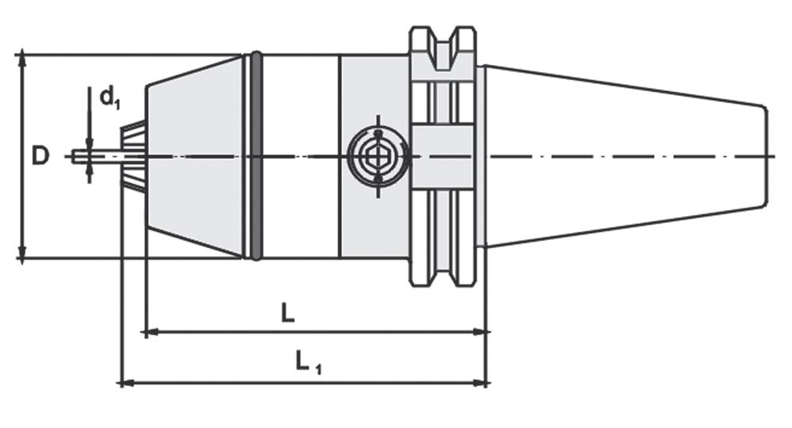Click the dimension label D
(x=40, y=156)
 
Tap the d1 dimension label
(x=110, y=97)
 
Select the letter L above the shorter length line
(x=287, y=313)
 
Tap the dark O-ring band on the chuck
(x=256, y=156)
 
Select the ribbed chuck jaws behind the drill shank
(x=133, y=156)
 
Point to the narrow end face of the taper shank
(x=765, y=156)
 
